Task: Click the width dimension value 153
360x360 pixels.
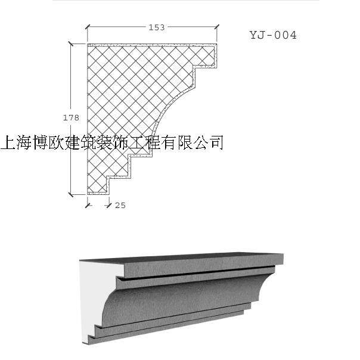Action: click(156, 27)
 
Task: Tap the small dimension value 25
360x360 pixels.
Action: click(120, 205)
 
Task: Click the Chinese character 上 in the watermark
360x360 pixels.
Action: click(10, 142)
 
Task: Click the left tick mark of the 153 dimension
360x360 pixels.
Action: click(88, 27)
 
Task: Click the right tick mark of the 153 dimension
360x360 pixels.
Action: click(216, 27)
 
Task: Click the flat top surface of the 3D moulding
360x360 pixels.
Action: click(179, 257)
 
